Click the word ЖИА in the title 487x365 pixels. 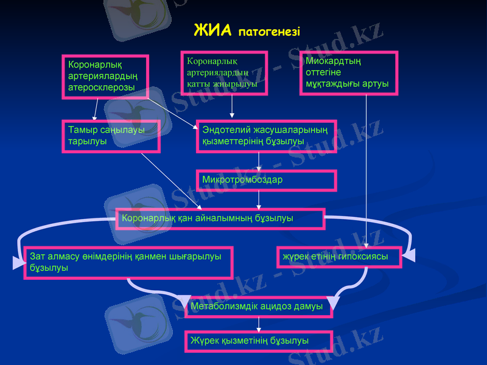[212, 30]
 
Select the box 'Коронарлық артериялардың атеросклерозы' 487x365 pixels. [105, 76]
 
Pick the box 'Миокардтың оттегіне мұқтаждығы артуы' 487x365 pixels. [349, 72]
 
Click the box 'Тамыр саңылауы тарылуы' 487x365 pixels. [111, 136]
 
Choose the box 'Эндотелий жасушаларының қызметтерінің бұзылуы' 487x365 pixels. [267, 136]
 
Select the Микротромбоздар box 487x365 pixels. [266, 180]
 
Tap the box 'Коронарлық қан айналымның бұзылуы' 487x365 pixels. [220, 218]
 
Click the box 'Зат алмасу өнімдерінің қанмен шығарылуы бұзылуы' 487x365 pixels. [128, 262]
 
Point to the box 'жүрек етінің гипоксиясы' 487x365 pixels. [339, 257]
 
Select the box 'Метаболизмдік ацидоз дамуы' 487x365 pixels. [259, 307]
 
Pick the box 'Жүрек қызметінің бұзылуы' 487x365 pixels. [258, 341]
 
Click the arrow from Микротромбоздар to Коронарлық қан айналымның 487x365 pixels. [259, 199]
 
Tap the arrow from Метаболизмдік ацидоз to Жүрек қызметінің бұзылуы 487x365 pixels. [259, 324]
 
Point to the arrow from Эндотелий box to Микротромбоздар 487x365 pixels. [259, 161]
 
